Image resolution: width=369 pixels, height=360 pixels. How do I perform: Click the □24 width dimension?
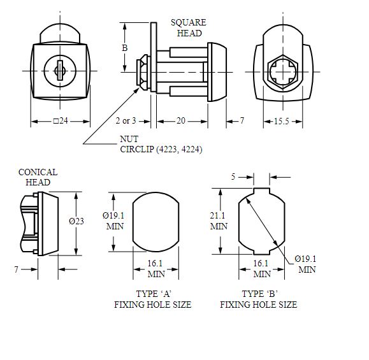coord(61,121)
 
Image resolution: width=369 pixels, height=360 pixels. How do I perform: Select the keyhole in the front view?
coord(61,71)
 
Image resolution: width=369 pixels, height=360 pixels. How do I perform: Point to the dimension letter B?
coord(125,47)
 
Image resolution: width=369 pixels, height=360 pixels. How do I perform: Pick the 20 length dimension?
coord(182,121)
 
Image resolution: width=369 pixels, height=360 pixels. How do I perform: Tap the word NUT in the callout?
coord(129,139)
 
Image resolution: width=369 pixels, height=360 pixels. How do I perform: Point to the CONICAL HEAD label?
coord(38,176)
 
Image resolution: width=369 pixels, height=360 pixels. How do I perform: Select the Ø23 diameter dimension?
coord(76,221)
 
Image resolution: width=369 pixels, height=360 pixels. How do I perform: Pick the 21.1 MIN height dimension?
coord(219,220)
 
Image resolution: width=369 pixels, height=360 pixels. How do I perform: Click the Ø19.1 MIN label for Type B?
coord(305,264)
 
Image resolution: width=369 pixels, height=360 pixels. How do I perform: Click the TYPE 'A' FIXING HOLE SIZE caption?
coord(153,299)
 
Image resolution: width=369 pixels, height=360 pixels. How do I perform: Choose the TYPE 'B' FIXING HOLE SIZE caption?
coord(259,299)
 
